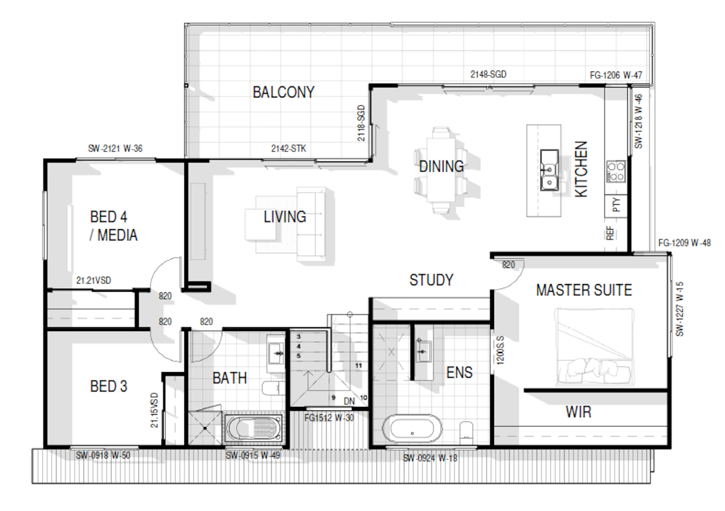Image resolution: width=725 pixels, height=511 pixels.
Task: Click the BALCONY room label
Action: pos(284,92)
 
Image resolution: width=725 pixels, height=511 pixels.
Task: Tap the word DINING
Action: pos(441,166)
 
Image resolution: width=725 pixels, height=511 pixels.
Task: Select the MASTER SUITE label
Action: pos(584,290)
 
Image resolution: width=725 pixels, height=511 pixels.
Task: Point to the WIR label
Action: pos(579,412)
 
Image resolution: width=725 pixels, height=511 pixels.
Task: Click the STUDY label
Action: pos(431,280)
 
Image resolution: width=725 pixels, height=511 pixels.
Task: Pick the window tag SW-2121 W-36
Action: pos(115,149)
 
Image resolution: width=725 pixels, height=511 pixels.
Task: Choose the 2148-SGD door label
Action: pos(488,75)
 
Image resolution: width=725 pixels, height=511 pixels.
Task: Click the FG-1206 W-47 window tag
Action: pos(616,76)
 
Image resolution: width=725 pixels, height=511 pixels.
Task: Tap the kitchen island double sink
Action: pos(549,170)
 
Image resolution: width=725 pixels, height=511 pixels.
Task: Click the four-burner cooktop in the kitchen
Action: pos(616,172)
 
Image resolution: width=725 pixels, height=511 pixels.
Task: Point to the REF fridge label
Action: pos(610,233)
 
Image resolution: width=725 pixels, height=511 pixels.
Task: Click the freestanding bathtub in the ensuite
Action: pos(412,429)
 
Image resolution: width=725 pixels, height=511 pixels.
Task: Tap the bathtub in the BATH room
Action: pos(253,428)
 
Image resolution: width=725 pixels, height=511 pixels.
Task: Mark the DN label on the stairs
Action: pos(349,402)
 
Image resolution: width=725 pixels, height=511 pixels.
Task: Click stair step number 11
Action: pos(358,365)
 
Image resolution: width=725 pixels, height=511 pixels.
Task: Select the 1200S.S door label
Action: pos(500,350)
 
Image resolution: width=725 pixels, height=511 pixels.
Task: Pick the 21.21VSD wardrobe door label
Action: pos(94,280)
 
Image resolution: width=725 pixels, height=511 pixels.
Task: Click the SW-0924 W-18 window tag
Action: pos(430,458)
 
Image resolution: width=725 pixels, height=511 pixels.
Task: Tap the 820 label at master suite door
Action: pos(509,265)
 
